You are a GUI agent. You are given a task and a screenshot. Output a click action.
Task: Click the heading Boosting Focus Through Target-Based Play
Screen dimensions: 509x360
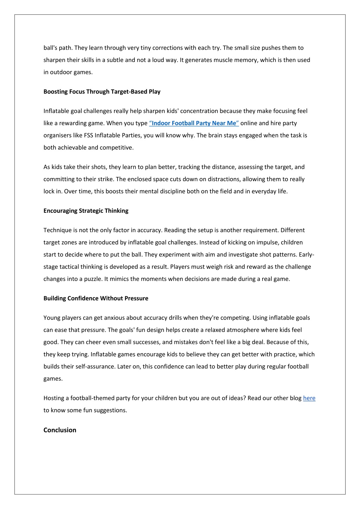[102, 91]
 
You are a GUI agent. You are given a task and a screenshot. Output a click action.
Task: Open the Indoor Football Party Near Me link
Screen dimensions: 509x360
[194, 123]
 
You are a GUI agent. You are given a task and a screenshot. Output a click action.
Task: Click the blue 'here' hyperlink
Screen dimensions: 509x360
[309, 398]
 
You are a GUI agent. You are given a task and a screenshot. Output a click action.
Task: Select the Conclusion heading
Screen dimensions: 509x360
[60, 430]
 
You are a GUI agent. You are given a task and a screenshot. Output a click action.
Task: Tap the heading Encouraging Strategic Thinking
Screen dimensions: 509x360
[86, 211]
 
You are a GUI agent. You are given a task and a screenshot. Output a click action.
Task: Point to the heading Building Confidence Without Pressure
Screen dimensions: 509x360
[96, 298]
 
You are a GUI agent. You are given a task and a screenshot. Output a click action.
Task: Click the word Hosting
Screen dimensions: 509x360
[56, 398]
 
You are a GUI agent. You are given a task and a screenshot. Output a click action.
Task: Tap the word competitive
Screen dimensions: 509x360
[116, 148]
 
